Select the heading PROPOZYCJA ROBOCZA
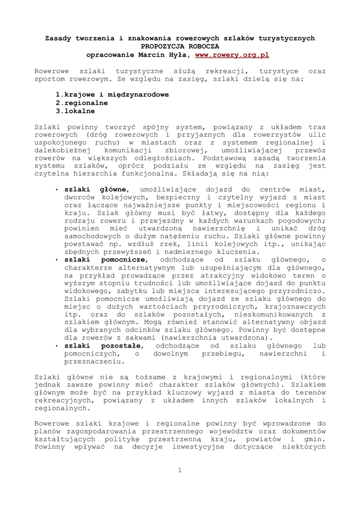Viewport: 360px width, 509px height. (180, 46)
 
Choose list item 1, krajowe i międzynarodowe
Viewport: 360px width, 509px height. (112, 94)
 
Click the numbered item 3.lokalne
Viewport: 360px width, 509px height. (75, 111)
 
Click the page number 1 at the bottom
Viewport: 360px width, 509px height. (180, 470)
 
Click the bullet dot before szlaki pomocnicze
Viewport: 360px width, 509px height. (58, 259)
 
